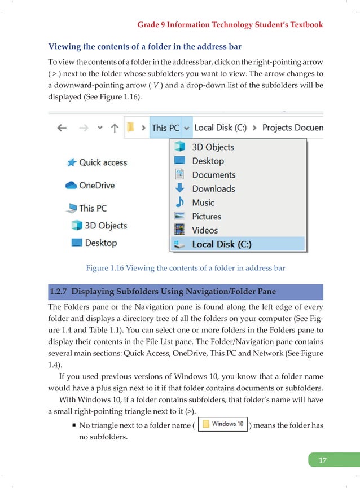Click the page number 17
point(322,460)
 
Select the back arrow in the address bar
point(62,128)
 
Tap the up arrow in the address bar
point(114,128)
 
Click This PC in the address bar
point(165,128)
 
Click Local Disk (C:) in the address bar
point(220,128)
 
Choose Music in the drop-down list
point(203,203)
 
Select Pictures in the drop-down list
point(207,216)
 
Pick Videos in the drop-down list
point(205,230)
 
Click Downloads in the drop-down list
point(213,189)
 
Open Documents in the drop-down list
point(213,175)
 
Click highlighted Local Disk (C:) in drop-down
point(221,244)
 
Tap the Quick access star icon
point(72,162)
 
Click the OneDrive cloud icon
point(71,185)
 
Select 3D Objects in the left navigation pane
point(106,226)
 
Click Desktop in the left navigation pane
point(100,243)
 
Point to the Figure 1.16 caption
point(186,269)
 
